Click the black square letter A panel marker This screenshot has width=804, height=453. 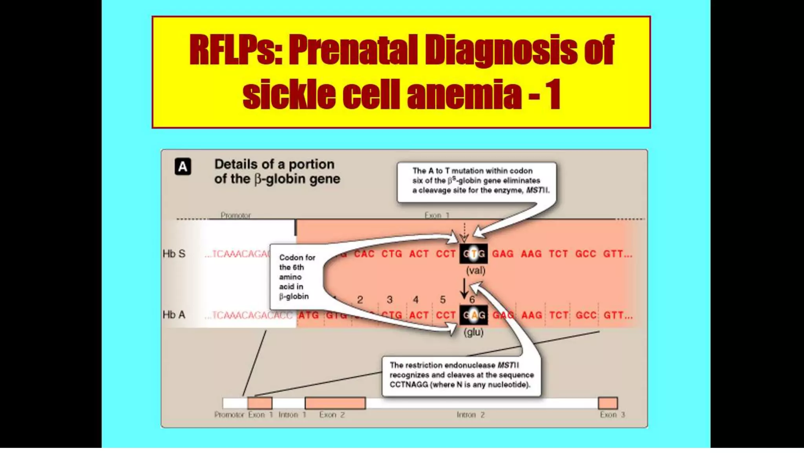coord(183,167)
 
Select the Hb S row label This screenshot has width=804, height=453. coord(174,254)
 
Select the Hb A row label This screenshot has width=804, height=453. coord(174,315)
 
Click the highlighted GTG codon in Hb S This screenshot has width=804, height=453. coord(473,254)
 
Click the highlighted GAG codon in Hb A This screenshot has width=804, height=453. coord(473,315)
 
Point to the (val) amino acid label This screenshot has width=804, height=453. coord(475,271)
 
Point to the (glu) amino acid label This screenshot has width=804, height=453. coord(473,332)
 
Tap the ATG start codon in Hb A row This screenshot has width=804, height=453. coord(309,315)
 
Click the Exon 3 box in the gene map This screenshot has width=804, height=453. coord(607,403)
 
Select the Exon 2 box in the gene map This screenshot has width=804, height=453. coord(335,403)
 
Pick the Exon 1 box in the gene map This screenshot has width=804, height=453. coord(259,403)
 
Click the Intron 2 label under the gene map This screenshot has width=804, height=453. coord(470,415)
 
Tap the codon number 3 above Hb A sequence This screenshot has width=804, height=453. coord(389,300)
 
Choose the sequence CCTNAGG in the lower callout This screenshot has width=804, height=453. coord(408,385)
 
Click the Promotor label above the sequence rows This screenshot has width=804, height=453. coord(236,215)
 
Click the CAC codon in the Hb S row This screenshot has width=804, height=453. coord(364,254)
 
